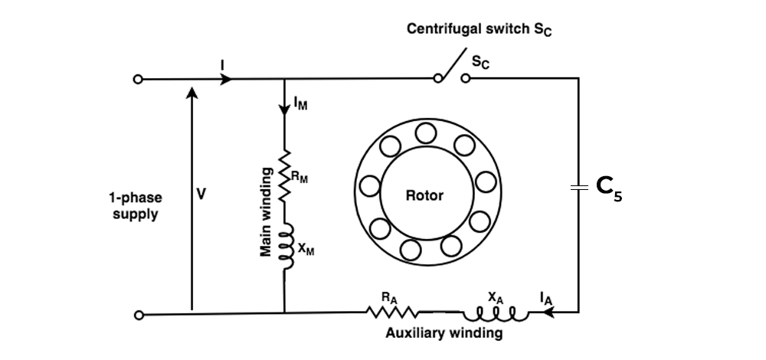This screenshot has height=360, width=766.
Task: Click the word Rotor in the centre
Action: pos(424,195)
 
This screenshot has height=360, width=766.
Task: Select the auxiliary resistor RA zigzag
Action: pos(391,313)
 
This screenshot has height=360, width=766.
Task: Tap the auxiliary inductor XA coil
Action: pos(495,313)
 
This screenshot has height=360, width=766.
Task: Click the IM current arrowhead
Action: pos(284,110)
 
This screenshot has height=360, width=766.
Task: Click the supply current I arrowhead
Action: pos(226,79)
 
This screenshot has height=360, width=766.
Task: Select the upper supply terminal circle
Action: pos(138,79)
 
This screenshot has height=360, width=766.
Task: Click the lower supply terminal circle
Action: pos(138,314)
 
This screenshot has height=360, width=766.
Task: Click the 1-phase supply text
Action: pos(135,205)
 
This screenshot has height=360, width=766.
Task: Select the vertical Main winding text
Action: pos(267,211)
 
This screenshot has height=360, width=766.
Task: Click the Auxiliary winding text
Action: pos(444,333)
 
